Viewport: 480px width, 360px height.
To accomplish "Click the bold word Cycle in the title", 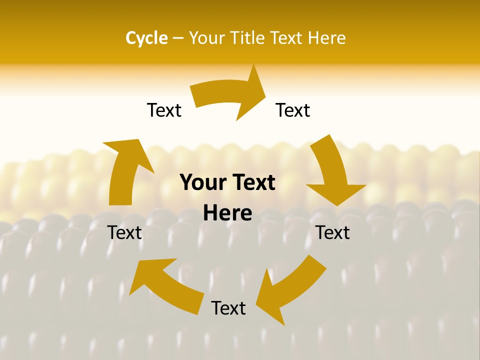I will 146,38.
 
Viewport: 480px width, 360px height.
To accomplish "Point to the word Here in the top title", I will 326,38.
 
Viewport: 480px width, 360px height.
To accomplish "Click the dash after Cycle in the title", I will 178,38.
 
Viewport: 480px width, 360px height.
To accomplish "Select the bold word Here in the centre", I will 227,213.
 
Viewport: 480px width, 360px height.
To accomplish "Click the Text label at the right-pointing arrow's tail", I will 164,110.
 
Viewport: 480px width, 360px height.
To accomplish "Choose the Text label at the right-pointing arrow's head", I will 293,110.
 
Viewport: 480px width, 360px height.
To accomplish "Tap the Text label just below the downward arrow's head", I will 332,232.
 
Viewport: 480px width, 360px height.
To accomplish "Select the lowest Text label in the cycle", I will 228,308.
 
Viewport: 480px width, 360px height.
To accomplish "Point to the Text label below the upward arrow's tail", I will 124,232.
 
